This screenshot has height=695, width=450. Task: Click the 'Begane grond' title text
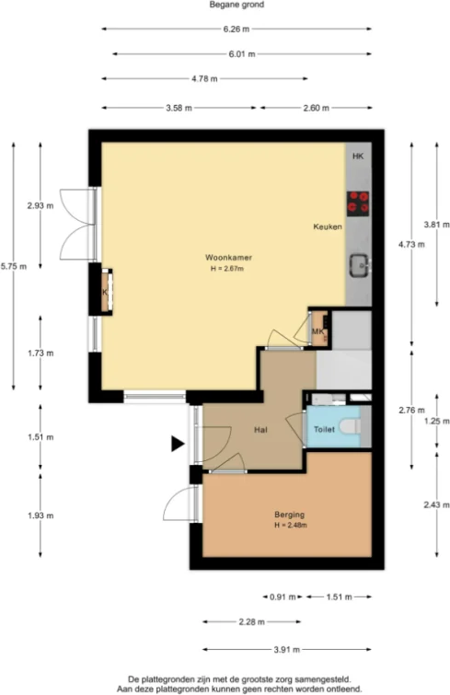pyautogui.click(x=225, y=6)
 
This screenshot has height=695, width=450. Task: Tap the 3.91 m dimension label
pyautogui.click(x=287, y=650)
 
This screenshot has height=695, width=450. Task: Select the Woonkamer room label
pyautogui.click(x=229, y=257)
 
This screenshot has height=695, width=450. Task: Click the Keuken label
pyautogui.click(x=328, y=226)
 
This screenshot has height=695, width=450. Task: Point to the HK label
pyautogui.click(x=358, y=157)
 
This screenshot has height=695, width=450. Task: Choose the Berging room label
pyautogui.click(x=289, y=514)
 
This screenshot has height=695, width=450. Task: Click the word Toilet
pyautogui.click(x=323, y=430)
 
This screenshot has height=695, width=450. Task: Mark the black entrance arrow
pyautogui.click(x=177, y=445)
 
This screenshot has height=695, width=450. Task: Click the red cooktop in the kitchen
pyautogui.click(x=358, y=202)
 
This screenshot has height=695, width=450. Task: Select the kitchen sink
pyautogui.click(x=359, y=267)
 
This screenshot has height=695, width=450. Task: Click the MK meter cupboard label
pyautogui.click(x=317, y=332)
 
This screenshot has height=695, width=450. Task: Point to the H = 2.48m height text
pyautogui.click(x=290, y=526)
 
